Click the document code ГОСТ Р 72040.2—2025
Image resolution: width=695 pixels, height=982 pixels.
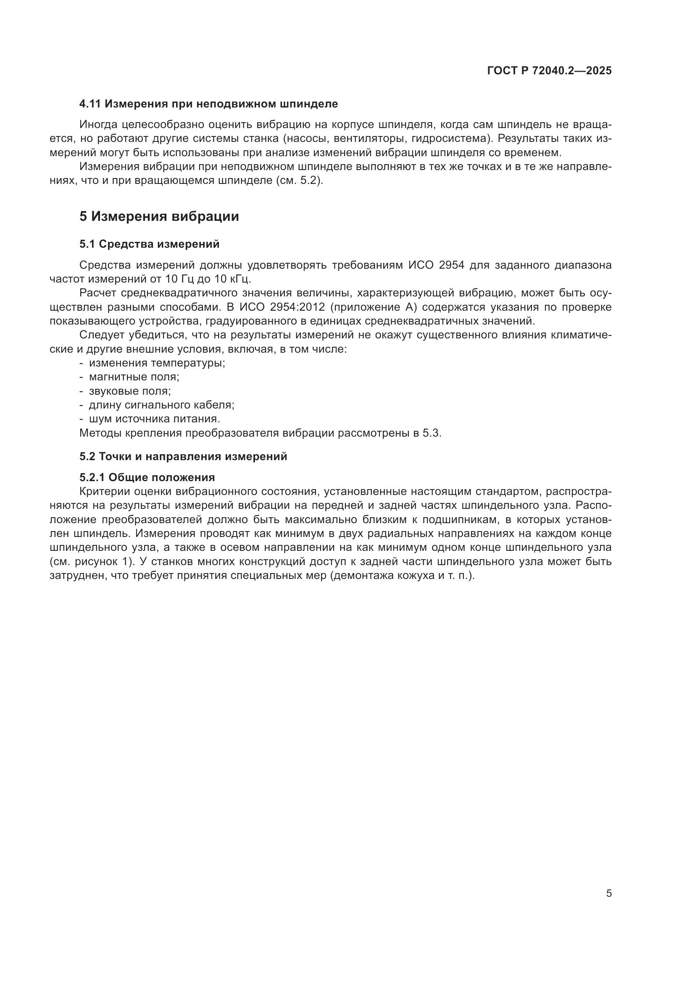point(550,71)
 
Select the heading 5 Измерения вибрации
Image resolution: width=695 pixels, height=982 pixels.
point(159,216)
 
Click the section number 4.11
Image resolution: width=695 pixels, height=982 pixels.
point(90,104)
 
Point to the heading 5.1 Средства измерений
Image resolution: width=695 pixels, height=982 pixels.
point(149,244)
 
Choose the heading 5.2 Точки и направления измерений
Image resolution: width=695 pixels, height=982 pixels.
point(183,456)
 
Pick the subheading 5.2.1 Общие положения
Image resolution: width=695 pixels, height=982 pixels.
point(147,477)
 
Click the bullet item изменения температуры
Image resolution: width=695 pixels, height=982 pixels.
point(157,363)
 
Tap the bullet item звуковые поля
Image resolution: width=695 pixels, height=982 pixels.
point(130,391)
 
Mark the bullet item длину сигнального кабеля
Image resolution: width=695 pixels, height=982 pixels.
point(162,405)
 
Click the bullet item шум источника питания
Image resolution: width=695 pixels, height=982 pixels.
point(155,419)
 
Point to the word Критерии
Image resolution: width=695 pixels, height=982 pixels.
point(101,492)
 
